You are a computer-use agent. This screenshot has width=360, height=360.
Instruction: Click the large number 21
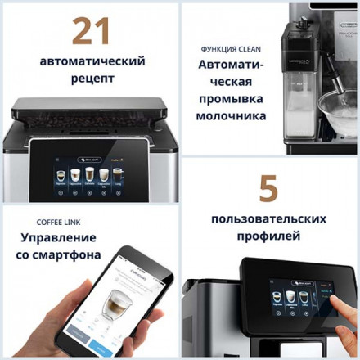pyautogui.click(x=91, y=31)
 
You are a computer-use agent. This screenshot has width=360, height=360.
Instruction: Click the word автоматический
pyautogui.click(x=91, y=61)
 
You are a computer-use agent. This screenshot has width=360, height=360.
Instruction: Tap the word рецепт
pyautogui.click(x=91, y=79)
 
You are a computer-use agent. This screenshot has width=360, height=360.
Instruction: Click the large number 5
pyautogui.click(x=268, y=189)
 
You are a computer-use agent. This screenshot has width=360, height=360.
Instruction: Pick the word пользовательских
pyautogui.click(x=269, y=219)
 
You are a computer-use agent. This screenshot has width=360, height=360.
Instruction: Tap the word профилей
pyautogui.click(x=268, y=236)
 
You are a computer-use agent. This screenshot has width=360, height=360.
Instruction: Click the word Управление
pyautogui.click(x=56, y=239)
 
